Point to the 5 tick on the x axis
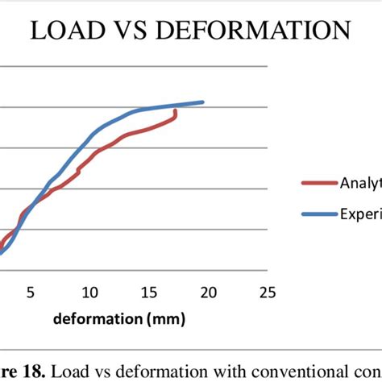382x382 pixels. click(x=30, y=292)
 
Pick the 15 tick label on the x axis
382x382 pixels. click(x=149, y=292)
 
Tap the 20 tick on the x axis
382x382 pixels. click(x=209, y=292)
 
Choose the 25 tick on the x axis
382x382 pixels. click(x=268, y=292)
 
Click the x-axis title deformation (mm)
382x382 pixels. click(x=119, y=319)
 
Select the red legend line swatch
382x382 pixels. click(x=318, y=182)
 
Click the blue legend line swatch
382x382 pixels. click(x=318, y=214)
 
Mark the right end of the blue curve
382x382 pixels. click(x=202, y=102)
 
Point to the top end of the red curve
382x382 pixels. click(x=176, y=110)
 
